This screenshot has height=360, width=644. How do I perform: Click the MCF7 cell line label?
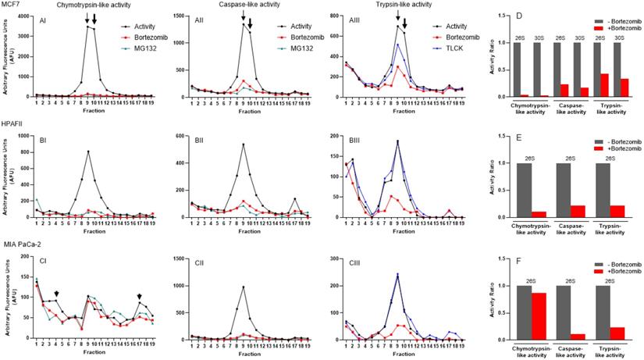click(x=10, y=5)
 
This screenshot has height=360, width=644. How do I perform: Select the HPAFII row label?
click(x=12, y=123)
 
